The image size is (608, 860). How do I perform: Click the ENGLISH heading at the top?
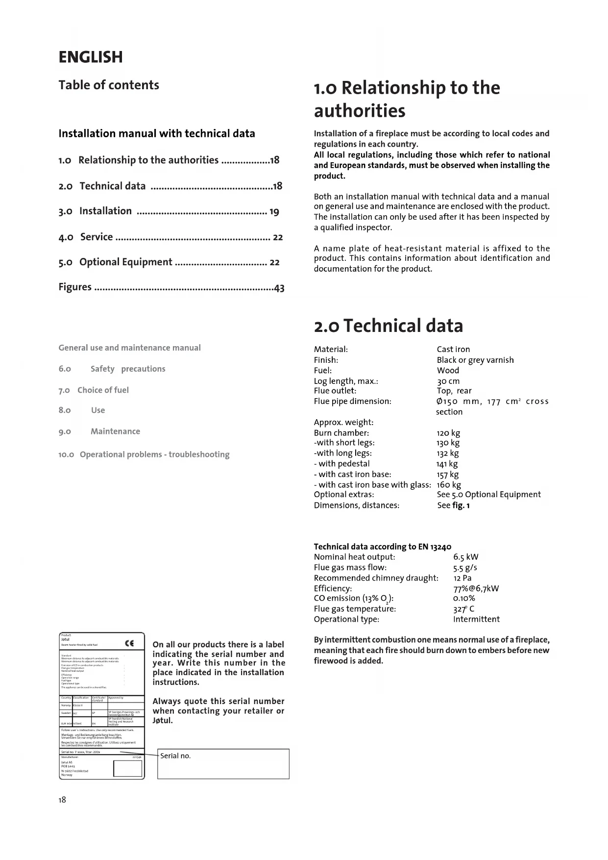click(x=91, y=57)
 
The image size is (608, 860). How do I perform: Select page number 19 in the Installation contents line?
click(x=274, y=212)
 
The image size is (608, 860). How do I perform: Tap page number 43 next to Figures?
click(x=279, y=288)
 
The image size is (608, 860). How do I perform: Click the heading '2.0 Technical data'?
click(x=388, y=326)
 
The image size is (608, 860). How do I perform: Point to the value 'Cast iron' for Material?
click(x=453, y=350)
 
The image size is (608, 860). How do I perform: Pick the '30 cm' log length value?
click(x=448, y=381)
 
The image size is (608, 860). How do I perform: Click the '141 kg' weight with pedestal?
click(x=447, y=464)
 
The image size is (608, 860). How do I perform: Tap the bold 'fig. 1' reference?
click(x=461, y=506)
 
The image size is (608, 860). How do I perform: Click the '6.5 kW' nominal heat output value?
click(x=466, y=557)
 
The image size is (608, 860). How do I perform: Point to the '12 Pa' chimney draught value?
click(x=462, y=578)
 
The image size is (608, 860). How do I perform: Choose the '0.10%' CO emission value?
click(x=464, y=598)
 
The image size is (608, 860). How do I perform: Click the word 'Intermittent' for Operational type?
click(x=476, y=619)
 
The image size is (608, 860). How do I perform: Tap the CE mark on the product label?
click(x=129, y=644)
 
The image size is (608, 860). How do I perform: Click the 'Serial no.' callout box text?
click(x=175, y=756)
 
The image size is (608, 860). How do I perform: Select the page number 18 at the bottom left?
click(x=62, y=800)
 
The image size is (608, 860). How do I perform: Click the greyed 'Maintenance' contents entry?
click(x=115, y=431)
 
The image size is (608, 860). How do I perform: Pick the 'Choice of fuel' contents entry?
click(x=103, y=390)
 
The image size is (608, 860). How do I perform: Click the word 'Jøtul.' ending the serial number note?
click(x=163, y=721)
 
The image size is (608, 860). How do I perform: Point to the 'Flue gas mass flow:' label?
click(x=350, y=568)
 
